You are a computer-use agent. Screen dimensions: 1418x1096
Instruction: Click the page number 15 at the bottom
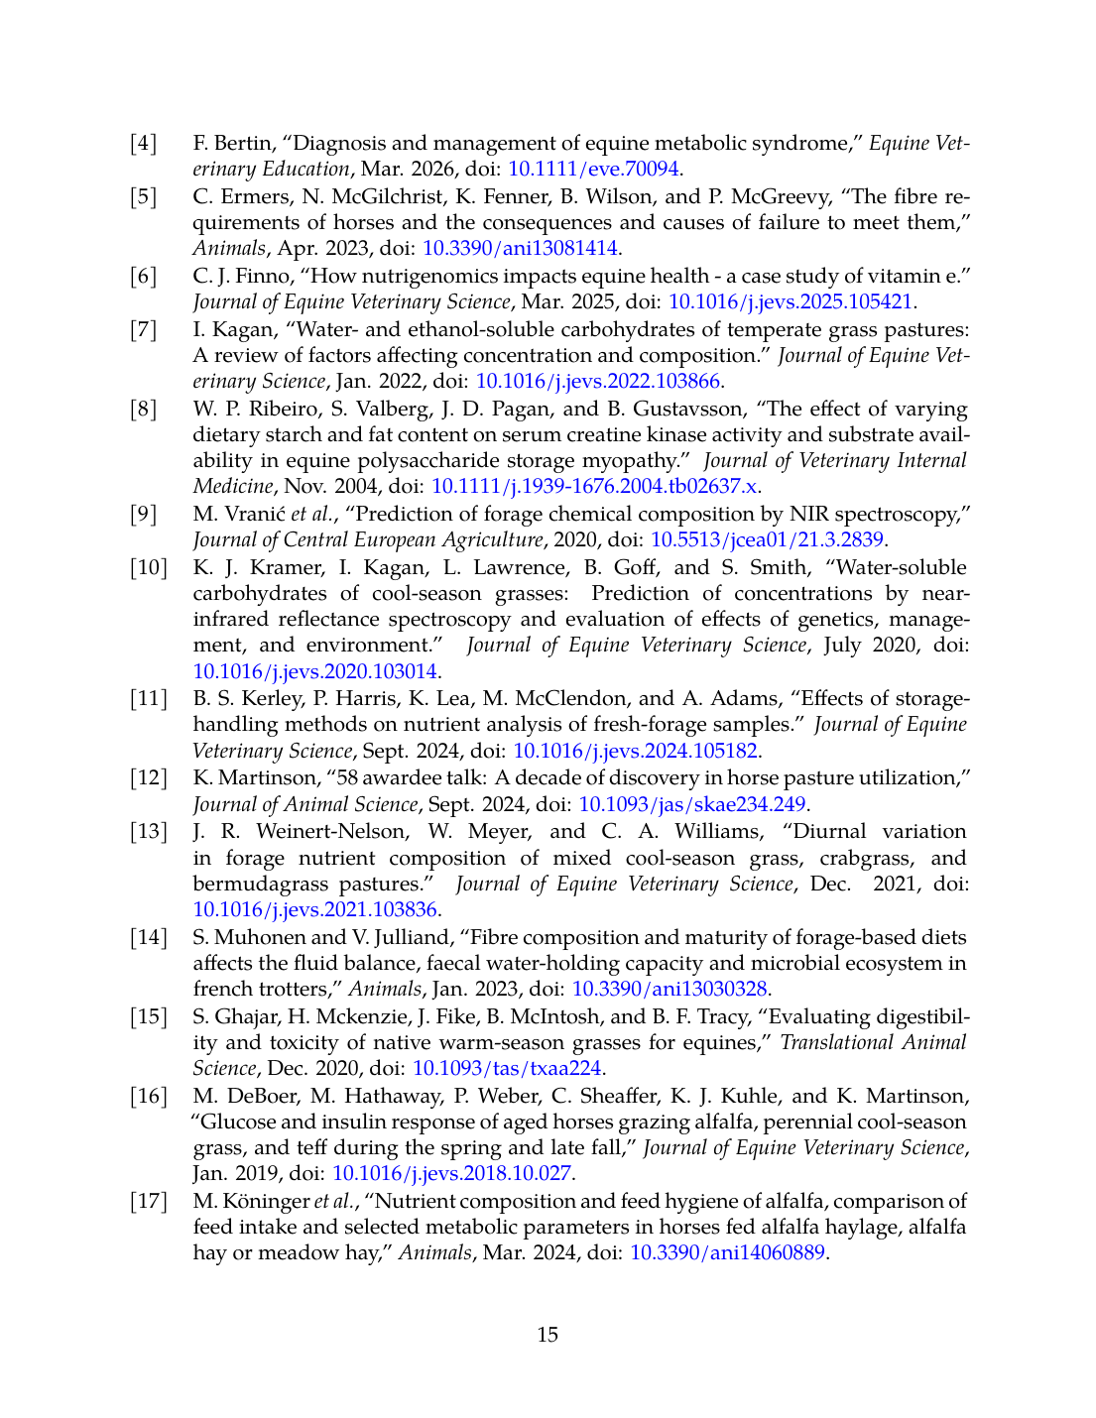click(x=548, y=1335)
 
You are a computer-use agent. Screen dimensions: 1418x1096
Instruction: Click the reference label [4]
click(x=144, y=144)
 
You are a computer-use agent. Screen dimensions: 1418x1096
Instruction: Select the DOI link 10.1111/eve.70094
click(x=593, y=170)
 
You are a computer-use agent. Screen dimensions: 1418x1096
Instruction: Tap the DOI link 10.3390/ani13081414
click(x=520, y=249)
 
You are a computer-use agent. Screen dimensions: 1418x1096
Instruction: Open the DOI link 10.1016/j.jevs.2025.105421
click(x=792, y=302)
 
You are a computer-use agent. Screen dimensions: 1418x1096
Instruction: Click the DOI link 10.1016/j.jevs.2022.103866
click(x=599, y=382)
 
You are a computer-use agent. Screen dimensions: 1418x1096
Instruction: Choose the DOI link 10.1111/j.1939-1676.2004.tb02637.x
click(x=594, y=487)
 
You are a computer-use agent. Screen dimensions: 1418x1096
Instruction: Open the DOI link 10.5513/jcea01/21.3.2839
click(x=767, y=540)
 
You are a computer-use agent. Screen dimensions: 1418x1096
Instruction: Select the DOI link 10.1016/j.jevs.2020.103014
click(x=314, y=671)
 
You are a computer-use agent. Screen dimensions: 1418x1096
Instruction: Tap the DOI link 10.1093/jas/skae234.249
click(x=692, y=804)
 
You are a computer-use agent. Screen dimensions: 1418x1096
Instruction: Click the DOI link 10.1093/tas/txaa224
click(x=507, y=1068)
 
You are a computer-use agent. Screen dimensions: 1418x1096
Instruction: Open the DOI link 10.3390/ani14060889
click(x=727, y=1252)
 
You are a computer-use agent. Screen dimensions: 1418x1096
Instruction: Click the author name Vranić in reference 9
click(x=252, y=514)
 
